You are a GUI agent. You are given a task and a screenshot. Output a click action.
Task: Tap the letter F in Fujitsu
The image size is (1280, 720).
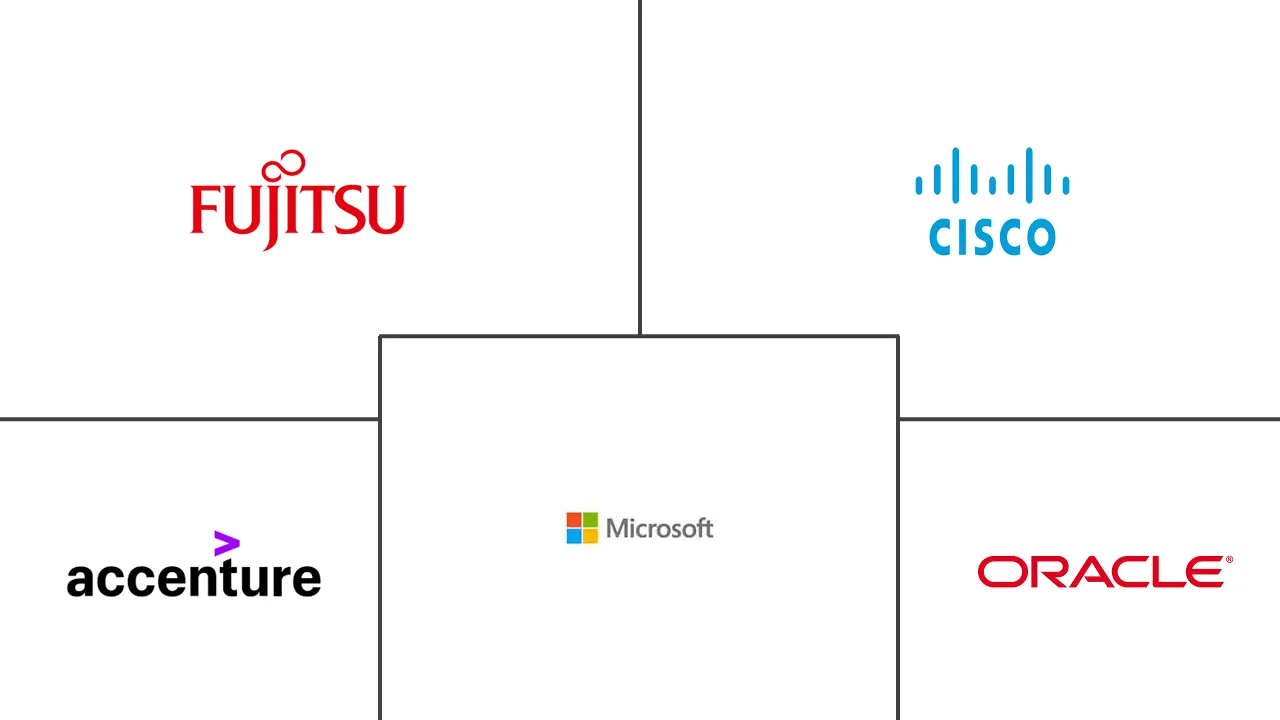tap(203, 209)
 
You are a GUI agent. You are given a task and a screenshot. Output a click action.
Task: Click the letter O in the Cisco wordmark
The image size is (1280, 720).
tap(1039, 238)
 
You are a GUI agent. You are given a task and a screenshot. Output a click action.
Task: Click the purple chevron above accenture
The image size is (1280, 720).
tap(227, 544)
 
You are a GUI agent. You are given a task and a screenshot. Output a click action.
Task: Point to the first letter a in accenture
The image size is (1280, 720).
tap(79, 580)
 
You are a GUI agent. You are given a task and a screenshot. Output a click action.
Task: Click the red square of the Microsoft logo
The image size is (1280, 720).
tap(574, 520)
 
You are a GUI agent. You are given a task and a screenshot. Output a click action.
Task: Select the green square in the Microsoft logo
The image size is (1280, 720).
tap(590, 520)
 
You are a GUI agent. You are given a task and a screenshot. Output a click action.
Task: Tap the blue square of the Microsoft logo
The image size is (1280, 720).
tap(574, 536)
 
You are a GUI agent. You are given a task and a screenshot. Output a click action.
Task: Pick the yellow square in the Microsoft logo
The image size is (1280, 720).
tap(590, 536)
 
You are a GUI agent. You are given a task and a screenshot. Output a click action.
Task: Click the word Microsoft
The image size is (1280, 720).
tap(659, 528)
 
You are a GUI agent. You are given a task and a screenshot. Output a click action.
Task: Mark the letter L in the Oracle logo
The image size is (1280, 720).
tap(1163, 572)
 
